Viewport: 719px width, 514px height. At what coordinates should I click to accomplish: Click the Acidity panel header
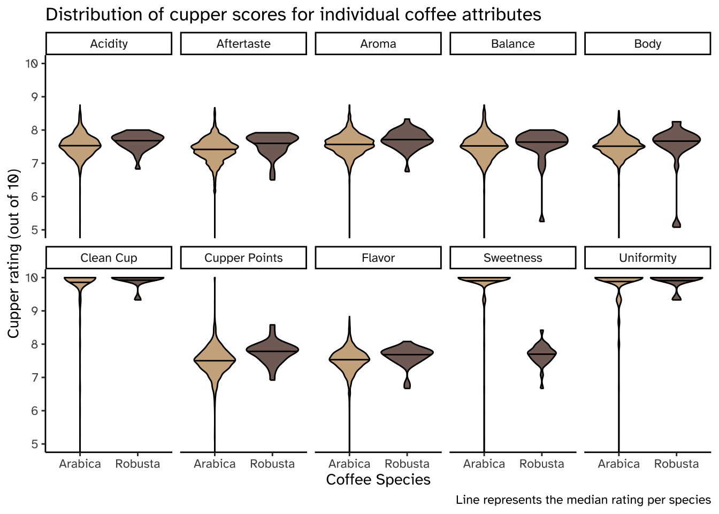coord(109,44)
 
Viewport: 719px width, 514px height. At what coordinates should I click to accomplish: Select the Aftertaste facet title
coord(243,44)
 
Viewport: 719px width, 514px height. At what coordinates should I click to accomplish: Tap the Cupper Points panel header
coord(243,258)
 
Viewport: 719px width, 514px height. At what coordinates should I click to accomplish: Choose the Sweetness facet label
coord(513,258)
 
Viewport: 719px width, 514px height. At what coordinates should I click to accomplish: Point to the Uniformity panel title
coord(647,258)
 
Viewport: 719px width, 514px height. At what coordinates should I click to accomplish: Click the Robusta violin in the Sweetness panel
coord(542,353)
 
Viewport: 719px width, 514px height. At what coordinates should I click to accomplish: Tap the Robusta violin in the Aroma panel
coord(407,139)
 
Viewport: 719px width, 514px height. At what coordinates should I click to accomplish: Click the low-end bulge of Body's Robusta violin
coord(677,222)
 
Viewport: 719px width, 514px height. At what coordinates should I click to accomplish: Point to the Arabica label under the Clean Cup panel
coord(80,464)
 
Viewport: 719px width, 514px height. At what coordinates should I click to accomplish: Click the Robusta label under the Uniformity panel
coord(677,464)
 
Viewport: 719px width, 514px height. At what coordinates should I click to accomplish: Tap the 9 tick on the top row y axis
coord(35,97)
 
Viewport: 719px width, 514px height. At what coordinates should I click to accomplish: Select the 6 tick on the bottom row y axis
coord(35,411)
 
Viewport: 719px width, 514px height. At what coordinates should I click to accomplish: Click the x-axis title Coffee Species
coord(378,480)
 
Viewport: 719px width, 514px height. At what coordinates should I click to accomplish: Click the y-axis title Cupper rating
coord(14,253)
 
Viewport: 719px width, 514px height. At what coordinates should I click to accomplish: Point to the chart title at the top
coord(293,14)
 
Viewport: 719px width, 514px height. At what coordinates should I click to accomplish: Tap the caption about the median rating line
coord(583,500)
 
